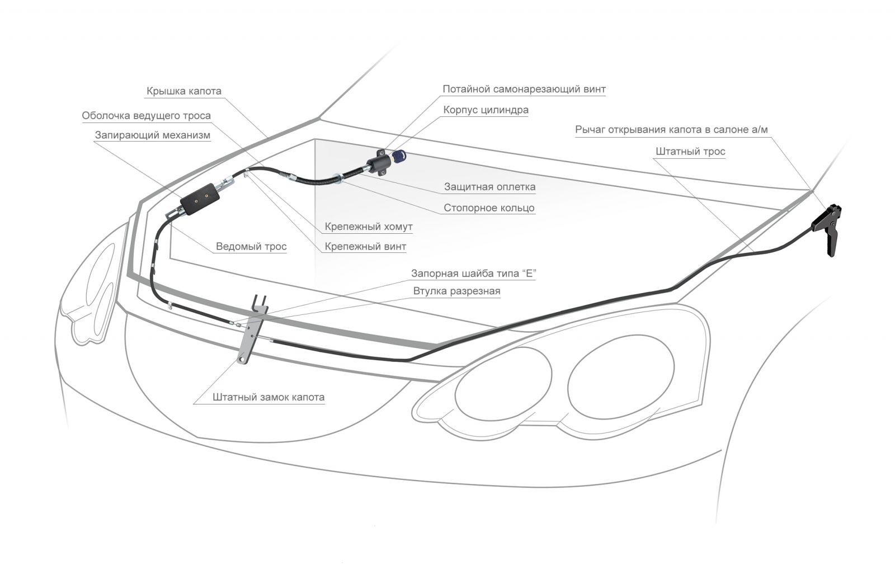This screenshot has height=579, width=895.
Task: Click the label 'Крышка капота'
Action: pos(184,91)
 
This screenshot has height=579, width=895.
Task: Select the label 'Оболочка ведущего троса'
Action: pos(147,116)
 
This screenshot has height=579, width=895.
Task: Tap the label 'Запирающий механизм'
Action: pos(153,135)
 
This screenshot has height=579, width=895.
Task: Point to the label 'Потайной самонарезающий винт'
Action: pos(524,89)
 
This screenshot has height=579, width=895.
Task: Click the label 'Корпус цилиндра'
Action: pos(486,110)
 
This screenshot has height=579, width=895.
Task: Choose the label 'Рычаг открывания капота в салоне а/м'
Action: pos(671,130)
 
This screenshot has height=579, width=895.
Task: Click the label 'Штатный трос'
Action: pos(690,152)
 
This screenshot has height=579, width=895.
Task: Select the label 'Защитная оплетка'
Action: pos(489,187)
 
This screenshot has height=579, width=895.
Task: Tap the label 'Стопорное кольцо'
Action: pos(489,208)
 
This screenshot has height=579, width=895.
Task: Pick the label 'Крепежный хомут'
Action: pos(369,227)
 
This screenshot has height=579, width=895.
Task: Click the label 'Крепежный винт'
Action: pos(365,246)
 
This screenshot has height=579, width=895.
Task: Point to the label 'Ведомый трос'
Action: pos(251,246)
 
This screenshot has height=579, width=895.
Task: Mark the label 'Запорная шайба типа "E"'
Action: pos(474,274)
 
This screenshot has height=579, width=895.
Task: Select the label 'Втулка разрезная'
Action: pos(456,291)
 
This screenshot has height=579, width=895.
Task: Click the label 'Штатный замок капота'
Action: pos(268,397)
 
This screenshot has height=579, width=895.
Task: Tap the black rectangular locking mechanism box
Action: pos(199,199)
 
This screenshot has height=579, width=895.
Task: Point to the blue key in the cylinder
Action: pos(398,157)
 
